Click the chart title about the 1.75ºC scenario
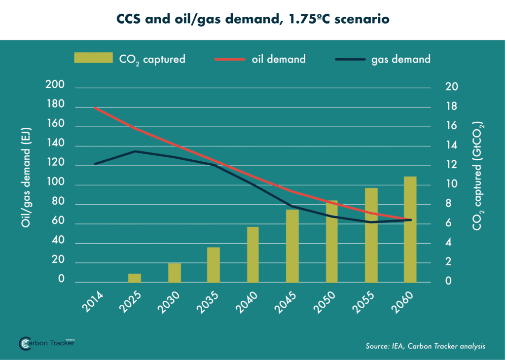click(252, 19)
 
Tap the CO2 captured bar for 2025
click(135, 278)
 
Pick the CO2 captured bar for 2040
click(253, 254)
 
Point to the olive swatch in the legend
click(93, 59)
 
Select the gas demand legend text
click(401, 59)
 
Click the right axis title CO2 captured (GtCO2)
click(477, 176)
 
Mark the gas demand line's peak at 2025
click(135, 151)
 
